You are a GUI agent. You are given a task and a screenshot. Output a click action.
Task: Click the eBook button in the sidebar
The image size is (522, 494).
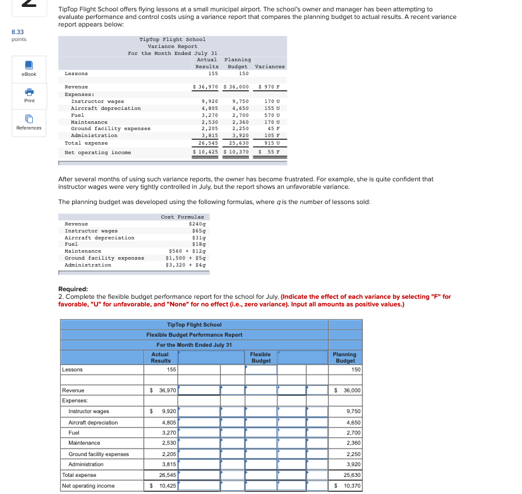tap(29, 68)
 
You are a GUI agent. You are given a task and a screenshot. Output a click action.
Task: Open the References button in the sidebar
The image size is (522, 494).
tap(29, 122)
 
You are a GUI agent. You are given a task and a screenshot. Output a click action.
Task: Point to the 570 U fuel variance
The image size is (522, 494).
tap(272, 115)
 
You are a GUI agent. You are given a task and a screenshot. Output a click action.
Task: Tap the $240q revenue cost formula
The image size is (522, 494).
tap(198, 224)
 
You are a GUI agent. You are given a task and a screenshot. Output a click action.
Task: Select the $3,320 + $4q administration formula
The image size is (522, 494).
tap(186, 265)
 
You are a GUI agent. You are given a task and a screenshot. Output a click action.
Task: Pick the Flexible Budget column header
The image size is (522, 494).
tap(260, 358)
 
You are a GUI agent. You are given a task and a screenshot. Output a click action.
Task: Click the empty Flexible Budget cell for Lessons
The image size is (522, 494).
tap(260, 370)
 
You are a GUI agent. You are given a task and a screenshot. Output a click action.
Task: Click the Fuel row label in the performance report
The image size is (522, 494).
tap(74, 433)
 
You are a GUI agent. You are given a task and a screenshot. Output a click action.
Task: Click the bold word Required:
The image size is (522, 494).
tap(73, 289)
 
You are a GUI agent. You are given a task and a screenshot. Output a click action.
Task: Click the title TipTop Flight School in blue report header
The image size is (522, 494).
tap(194, 325)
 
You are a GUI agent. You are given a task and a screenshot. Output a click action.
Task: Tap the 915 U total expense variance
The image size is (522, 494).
tap(272, 143)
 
